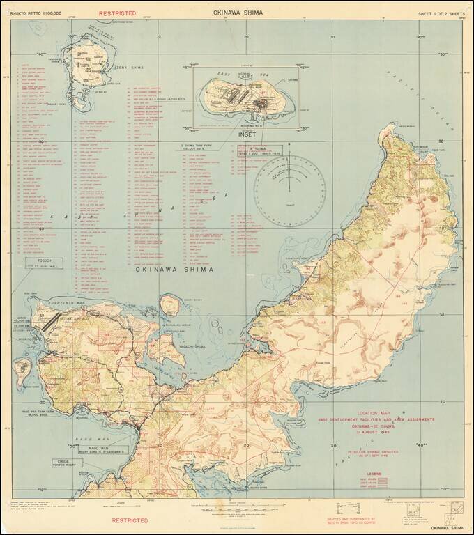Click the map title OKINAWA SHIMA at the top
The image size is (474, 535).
tap(238, 13)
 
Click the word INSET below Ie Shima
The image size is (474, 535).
tap(247, 134)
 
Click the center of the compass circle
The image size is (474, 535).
tap(289, 188)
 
